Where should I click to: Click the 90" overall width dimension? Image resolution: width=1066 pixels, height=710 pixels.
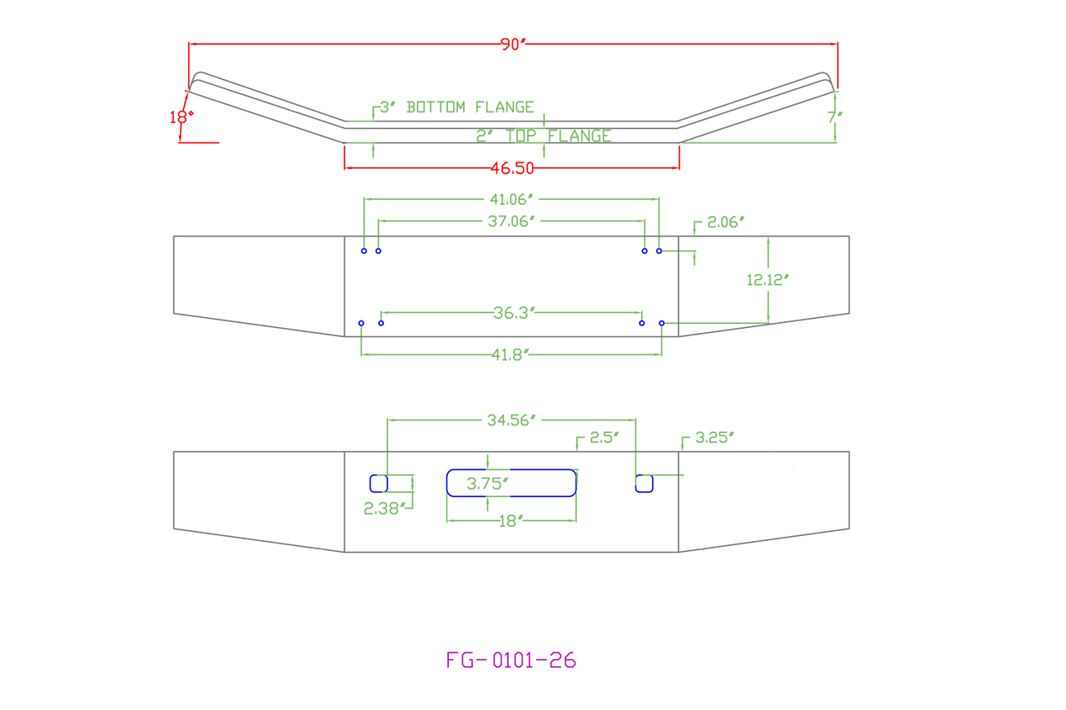[x=514, y=45]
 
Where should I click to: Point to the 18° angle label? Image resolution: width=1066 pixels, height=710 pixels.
[x=182, y=117]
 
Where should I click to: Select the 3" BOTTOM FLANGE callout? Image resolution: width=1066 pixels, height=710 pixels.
[x=456, y=107]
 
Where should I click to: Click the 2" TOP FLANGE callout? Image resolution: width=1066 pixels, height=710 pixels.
[x=544, y=136]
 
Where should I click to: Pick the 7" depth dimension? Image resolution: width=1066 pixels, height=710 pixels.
[x=834, y=117]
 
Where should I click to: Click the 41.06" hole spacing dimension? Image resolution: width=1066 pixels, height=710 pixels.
[x=511, y=199]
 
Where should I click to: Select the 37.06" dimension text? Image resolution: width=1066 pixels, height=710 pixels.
[x=511, y=221]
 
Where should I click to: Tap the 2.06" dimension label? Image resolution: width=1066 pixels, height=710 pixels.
[x=725, y=222]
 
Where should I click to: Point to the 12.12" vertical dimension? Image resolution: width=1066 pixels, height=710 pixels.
[x=767, y=281]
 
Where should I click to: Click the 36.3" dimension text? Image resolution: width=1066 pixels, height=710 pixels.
[x=511, y=312]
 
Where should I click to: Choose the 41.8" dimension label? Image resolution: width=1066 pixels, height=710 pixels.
[x=511, y=355]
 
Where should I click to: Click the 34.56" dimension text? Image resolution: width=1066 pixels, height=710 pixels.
[x=511, y=420]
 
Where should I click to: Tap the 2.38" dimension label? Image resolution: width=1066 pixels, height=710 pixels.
[x=383, y=509]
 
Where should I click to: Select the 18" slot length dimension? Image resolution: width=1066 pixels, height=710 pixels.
[x=511, y=521]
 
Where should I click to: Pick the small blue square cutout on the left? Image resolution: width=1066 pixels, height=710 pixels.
[x=378, y=483]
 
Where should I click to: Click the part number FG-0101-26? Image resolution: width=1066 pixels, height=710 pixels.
[x=511, y=661]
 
